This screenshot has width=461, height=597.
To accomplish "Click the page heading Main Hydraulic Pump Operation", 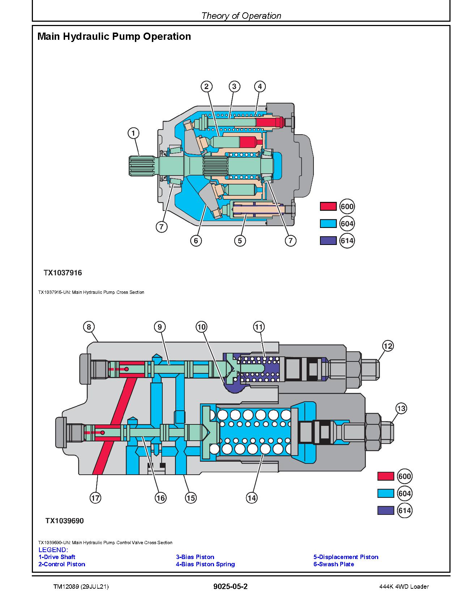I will click(x=114, y=37).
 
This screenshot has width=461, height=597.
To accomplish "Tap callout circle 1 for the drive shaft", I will click(x=133, y=133).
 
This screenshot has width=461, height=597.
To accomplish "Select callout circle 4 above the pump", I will click(x=260, y=86).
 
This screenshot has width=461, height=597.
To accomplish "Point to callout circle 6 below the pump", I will click(x=196, y=241).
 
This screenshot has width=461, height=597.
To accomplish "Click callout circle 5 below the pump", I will click(x=240, y=241).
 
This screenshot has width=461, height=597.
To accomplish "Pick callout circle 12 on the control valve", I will click(x=388, y=346).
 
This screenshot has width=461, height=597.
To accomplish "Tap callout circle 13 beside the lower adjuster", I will click(x=401, y=409).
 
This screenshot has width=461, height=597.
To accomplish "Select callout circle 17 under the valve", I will click(x=95, y=498).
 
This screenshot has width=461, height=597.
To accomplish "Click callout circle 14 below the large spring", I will click(x=252, y=498).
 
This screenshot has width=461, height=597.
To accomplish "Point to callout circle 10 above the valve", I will click(x=201, y=327).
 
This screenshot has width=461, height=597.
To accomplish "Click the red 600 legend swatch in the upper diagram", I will click(x=328, y=207).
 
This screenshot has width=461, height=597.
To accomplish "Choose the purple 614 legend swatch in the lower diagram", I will click(x=385, y=511).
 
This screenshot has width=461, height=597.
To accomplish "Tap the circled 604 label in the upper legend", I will click(x=347, y=224).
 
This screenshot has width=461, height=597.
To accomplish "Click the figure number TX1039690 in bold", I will click(x=64, y=521).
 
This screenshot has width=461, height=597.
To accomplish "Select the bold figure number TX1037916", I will click(x=63, y=273).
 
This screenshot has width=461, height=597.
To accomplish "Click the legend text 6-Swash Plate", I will click(x=334, y=564).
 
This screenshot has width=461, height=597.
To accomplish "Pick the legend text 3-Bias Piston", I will click(x=195, y=557).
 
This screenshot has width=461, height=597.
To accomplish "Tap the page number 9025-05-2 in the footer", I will click(x=230, y=587).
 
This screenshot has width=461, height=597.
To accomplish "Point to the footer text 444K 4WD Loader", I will click(x=404, y=587).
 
